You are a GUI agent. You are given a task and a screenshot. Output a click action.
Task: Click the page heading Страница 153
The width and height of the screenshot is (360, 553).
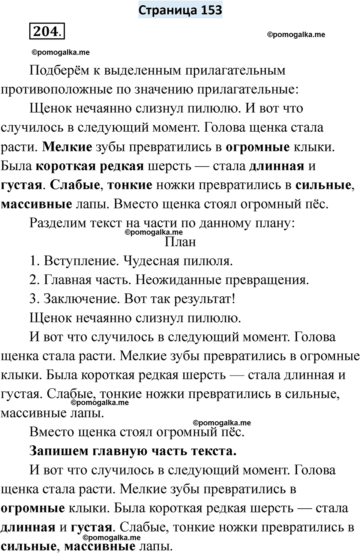coord(180,10)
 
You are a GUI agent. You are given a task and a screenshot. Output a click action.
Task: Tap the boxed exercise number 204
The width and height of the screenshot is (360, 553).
coord(46,31)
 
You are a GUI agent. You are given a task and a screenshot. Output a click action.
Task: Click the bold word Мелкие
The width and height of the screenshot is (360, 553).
coord(67,147)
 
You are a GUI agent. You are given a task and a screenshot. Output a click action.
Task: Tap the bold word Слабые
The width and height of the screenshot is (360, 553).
coord(75,185)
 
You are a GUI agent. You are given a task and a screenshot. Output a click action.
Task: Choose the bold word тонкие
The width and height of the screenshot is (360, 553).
coord(130,185)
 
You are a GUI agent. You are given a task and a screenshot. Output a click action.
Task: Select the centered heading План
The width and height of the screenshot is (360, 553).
coord(180,242)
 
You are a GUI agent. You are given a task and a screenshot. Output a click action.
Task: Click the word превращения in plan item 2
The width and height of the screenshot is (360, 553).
coord(261,280)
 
